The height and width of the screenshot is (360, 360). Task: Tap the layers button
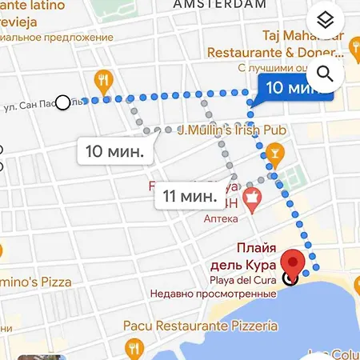click(x=324, y=20)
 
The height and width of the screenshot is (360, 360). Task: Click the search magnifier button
click(x=324, y=74)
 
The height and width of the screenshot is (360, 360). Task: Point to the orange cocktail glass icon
click(x=274, y=150)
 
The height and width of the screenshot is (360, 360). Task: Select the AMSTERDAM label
click(x=219, y=5)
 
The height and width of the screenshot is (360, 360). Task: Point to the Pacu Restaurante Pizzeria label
click(x=200, y=326)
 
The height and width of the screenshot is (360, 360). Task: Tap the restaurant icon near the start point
click(x=103, y=79)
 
